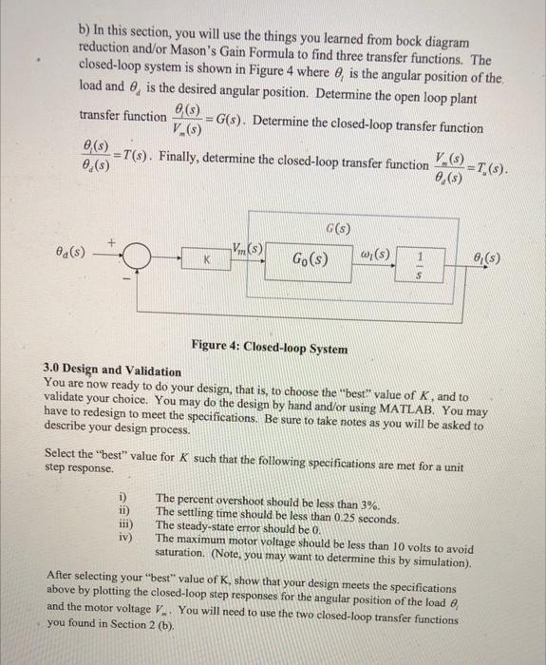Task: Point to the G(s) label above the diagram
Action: click(339, 228)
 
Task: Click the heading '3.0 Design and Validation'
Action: click(112, 370)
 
